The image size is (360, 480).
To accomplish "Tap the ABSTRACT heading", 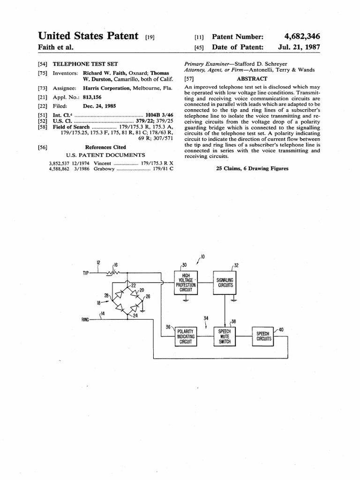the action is point(252,79).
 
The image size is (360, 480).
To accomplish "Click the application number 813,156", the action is point(92,97).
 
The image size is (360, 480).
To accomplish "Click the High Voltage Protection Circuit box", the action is point(186,283).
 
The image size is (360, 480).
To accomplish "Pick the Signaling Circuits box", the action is point(225,283).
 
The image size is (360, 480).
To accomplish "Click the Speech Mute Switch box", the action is point(225,337).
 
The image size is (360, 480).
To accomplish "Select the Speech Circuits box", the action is point(263,336).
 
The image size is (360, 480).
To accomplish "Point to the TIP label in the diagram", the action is point(86,273).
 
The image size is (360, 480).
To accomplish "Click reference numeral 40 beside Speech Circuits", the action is point(281,330).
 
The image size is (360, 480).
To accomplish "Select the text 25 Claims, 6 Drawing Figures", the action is point(252,169).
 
